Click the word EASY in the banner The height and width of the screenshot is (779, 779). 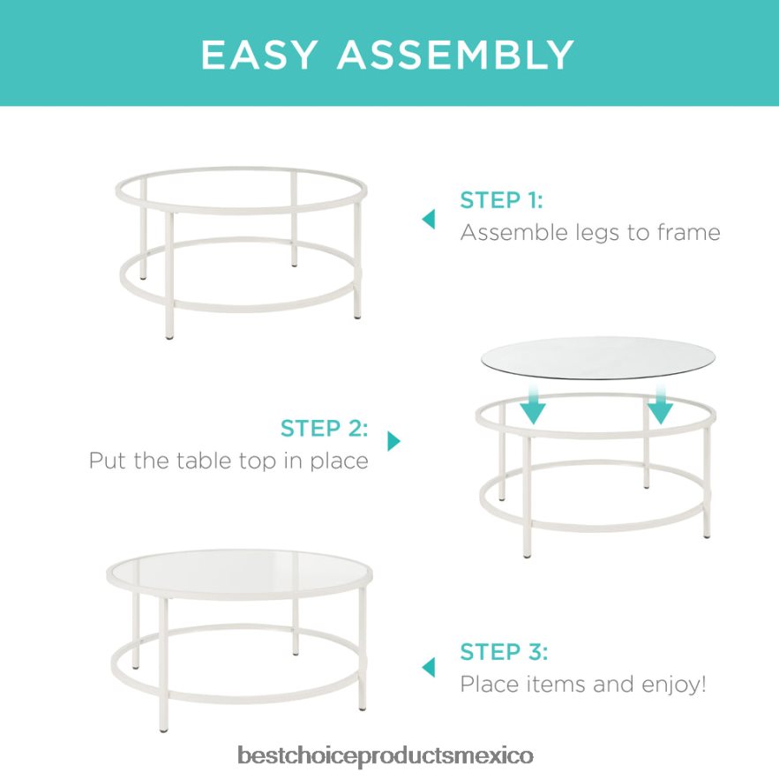point(258,55)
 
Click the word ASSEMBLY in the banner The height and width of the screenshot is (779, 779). point(455,55)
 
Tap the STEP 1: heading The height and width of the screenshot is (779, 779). point(501,200)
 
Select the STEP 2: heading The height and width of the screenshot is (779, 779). point(324,428)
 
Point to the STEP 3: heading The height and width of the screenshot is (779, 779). point(504,652)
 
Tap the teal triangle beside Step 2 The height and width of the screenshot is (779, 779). point(393,441)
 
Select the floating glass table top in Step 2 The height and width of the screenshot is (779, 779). point(598,357)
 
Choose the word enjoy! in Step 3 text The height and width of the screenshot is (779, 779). point(674,685)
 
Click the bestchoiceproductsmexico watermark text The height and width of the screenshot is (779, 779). point(386,756)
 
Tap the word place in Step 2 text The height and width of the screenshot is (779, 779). point(340,461)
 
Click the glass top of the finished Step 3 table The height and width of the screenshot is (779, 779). point(239,573)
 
